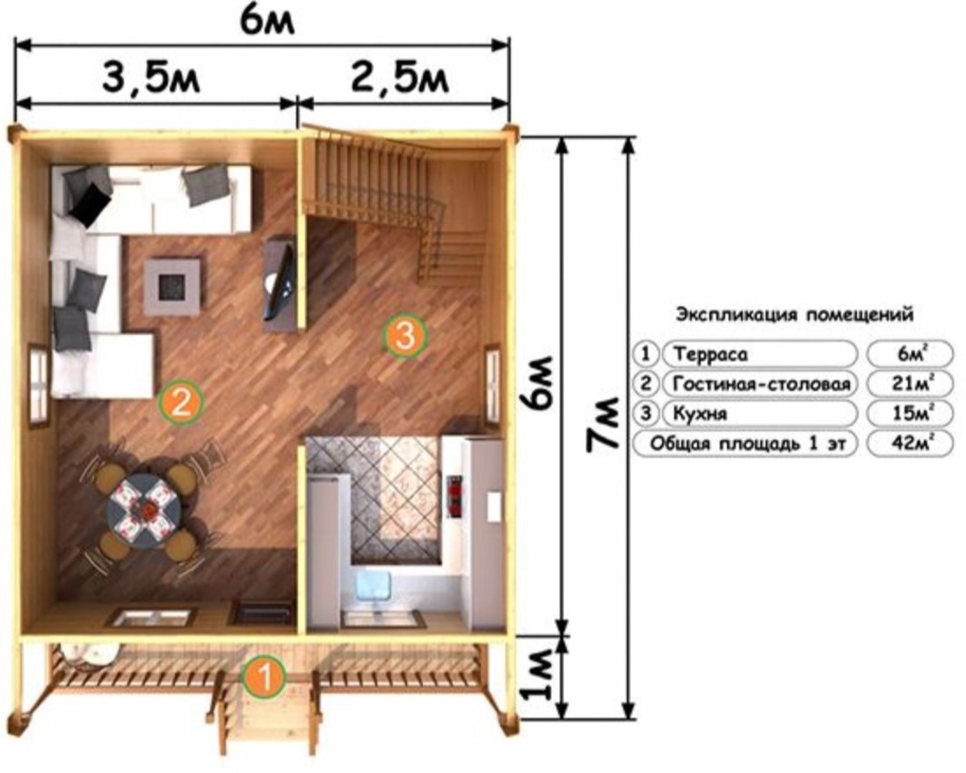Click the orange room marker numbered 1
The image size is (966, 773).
click(x=265, y=676)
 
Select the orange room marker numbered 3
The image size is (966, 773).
click(x=404, y=336)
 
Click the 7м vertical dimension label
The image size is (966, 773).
click(x=603, y=424)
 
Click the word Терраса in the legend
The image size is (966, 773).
click(x=710, y=354)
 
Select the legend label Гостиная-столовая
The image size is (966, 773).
click(x=761, y=384)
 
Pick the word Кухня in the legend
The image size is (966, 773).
click(x=700, y=413)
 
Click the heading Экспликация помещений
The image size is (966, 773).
click(x=794, y=315)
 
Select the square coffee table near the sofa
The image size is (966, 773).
click(x=172, y=287)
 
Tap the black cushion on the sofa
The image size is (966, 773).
click(x=90, y=203)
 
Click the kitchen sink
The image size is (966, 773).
click(x=374, y=586)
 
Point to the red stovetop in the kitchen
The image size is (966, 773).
click(x=456, y=495)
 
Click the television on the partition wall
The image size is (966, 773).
click(x=281, y=281)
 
